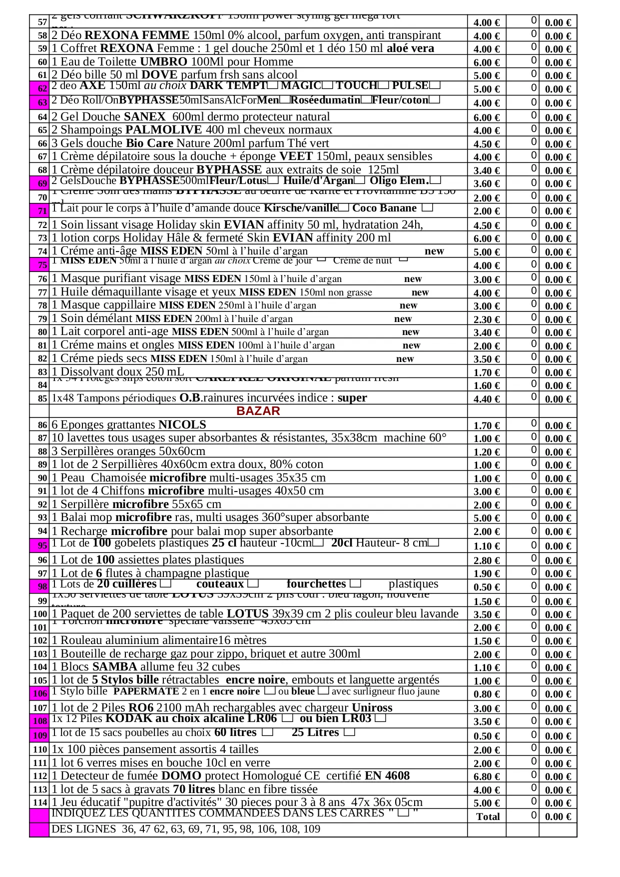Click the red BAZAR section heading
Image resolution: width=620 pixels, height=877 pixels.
[x=258, y=411]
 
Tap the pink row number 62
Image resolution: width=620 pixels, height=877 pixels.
[x=42, y=89]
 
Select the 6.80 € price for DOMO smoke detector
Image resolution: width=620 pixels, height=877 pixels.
[x=487, y=776]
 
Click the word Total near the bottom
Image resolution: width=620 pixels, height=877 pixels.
[x=488, y=816]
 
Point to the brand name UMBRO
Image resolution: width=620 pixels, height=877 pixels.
[x=163, y=62]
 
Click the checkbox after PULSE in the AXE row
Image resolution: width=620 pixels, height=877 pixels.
[x=435, y=85]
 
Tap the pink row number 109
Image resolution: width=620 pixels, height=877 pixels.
[x=40, y=735]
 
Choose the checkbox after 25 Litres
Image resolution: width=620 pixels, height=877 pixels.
[x=350, y=732]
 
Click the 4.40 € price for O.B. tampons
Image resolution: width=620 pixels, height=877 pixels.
[x=487, y=399]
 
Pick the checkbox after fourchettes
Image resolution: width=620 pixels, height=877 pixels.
[x=355, y=583]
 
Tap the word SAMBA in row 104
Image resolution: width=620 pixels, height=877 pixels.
[x=114, y=666]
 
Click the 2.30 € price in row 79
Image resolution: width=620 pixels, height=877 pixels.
[x=487, y=319]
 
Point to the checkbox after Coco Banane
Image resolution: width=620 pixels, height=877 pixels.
[x=427, y=207]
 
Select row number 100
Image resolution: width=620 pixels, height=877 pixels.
[x=40, y=614]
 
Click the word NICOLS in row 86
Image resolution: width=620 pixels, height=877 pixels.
[x=182, y=425]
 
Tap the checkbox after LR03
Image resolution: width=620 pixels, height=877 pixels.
[x=380, y=718]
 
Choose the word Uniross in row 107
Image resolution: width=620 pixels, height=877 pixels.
[x=372, y=707]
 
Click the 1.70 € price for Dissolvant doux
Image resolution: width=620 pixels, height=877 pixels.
[x=487, y=372]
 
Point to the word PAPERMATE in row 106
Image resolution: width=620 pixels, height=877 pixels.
[x=146, y=691]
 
